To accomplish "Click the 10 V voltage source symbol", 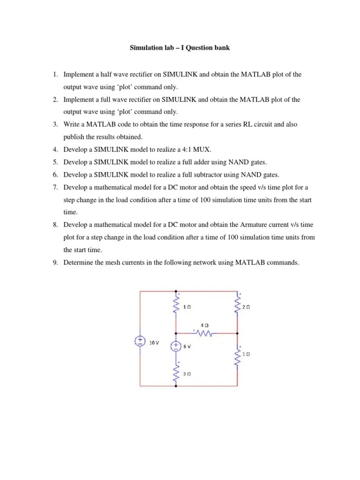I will pos(139,341).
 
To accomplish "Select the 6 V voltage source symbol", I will pos(175,346).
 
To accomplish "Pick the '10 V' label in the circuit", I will pos(154,343).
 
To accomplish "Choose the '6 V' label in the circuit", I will pos(187,347).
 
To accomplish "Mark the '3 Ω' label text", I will pos(187,374).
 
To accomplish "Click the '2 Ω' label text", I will pos(247,307).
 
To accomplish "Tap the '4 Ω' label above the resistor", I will pos(204,324).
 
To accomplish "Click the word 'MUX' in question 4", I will pos(205,150).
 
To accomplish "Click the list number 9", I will pos(54,262).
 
